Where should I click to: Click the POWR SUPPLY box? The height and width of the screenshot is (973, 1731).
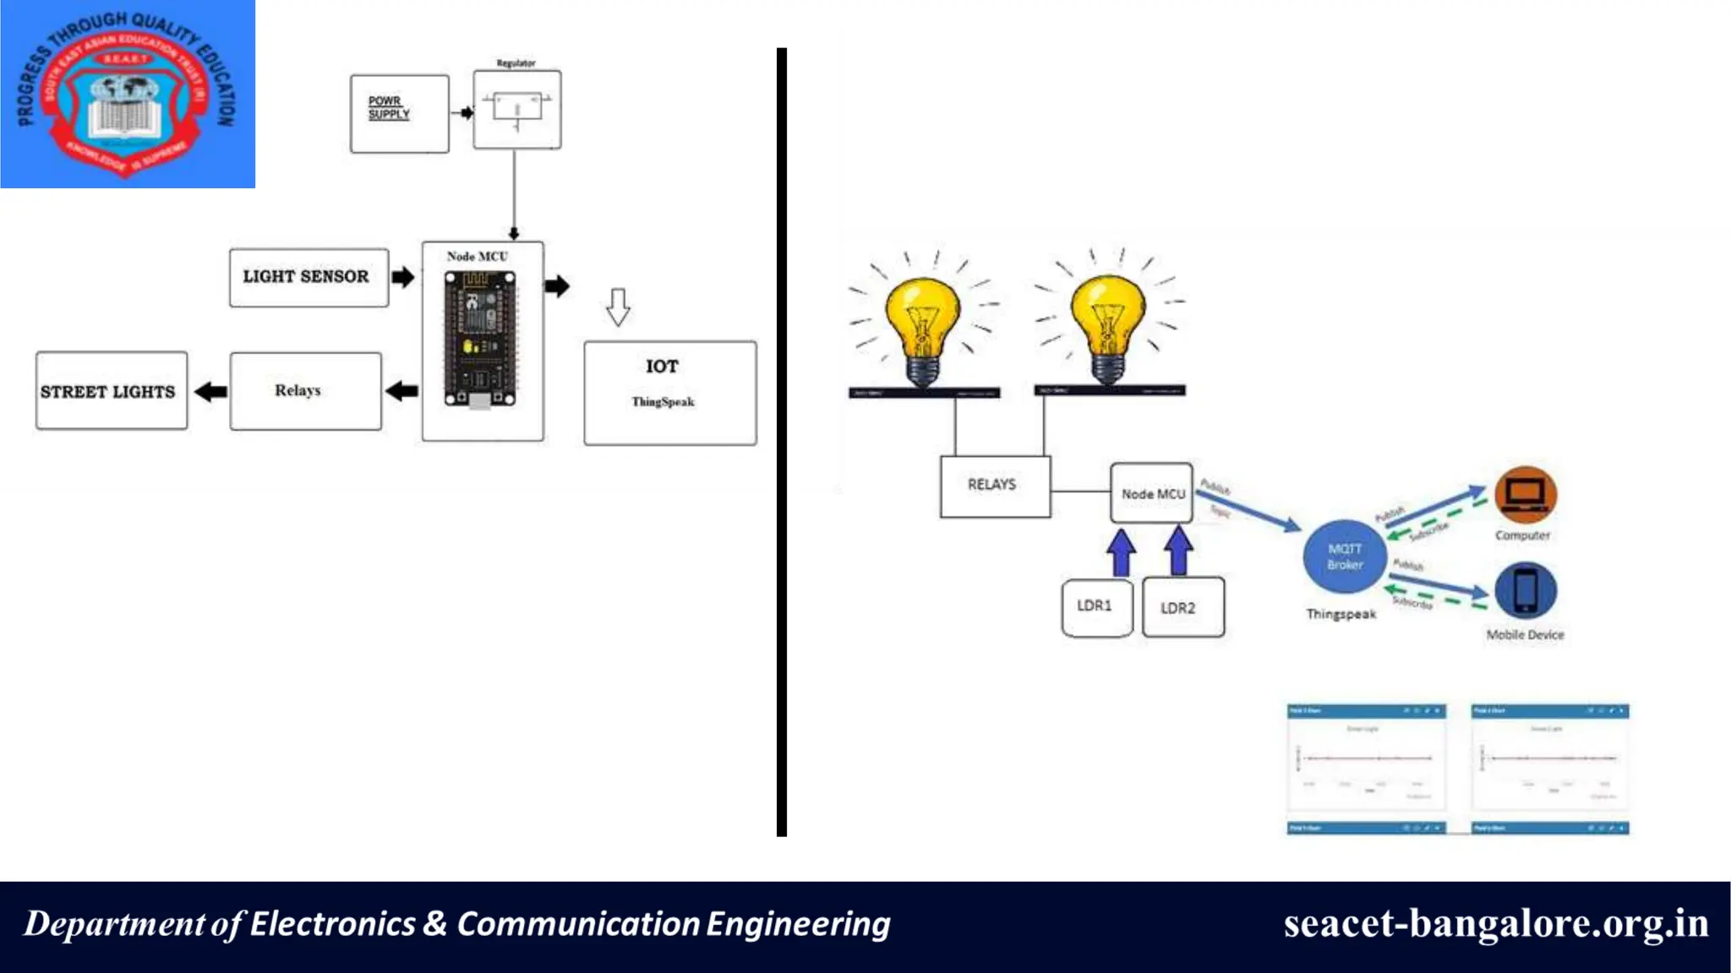click(399, 113)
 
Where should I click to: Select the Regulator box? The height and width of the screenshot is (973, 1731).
click(516, 110)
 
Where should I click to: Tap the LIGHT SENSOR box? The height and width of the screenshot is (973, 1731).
click(309, 277)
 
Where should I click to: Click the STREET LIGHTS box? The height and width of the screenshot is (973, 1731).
click(111, 391)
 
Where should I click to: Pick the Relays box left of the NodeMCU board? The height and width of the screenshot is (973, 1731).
click(305, 391)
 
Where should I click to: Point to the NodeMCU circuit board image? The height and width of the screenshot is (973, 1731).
click(480, 340)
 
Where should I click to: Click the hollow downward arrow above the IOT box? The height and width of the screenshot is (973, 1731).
click(618, 307)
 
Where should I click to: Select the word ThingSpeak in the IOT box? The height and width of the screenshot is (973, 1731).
click(663, 402)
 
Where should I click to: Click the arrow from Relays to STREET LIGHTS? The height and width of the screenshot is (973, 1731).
click(210, 392)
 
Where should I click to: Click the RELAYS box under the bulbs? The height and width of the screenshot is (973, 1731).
click(995, 486)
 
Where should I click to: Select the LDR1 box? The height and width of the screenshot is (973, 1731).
click(1096, 606)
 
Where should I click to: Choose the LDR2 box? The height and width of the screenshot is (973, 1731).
click(1182, 607)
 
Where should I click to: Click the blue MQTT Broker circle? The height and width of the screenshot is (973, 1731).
click(1344, 557)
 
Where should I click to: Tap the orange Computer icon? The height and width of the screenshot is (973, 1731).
click(1525, 496)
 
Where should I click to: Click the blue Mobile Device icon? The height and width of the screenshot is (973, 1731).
click(1525, 590)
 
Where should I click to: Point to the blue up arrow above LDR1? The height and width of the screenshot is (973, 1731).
click(1121, 553)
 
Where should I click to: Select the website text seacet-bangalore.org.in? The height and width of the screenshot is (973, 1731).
click(1495, 923)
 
